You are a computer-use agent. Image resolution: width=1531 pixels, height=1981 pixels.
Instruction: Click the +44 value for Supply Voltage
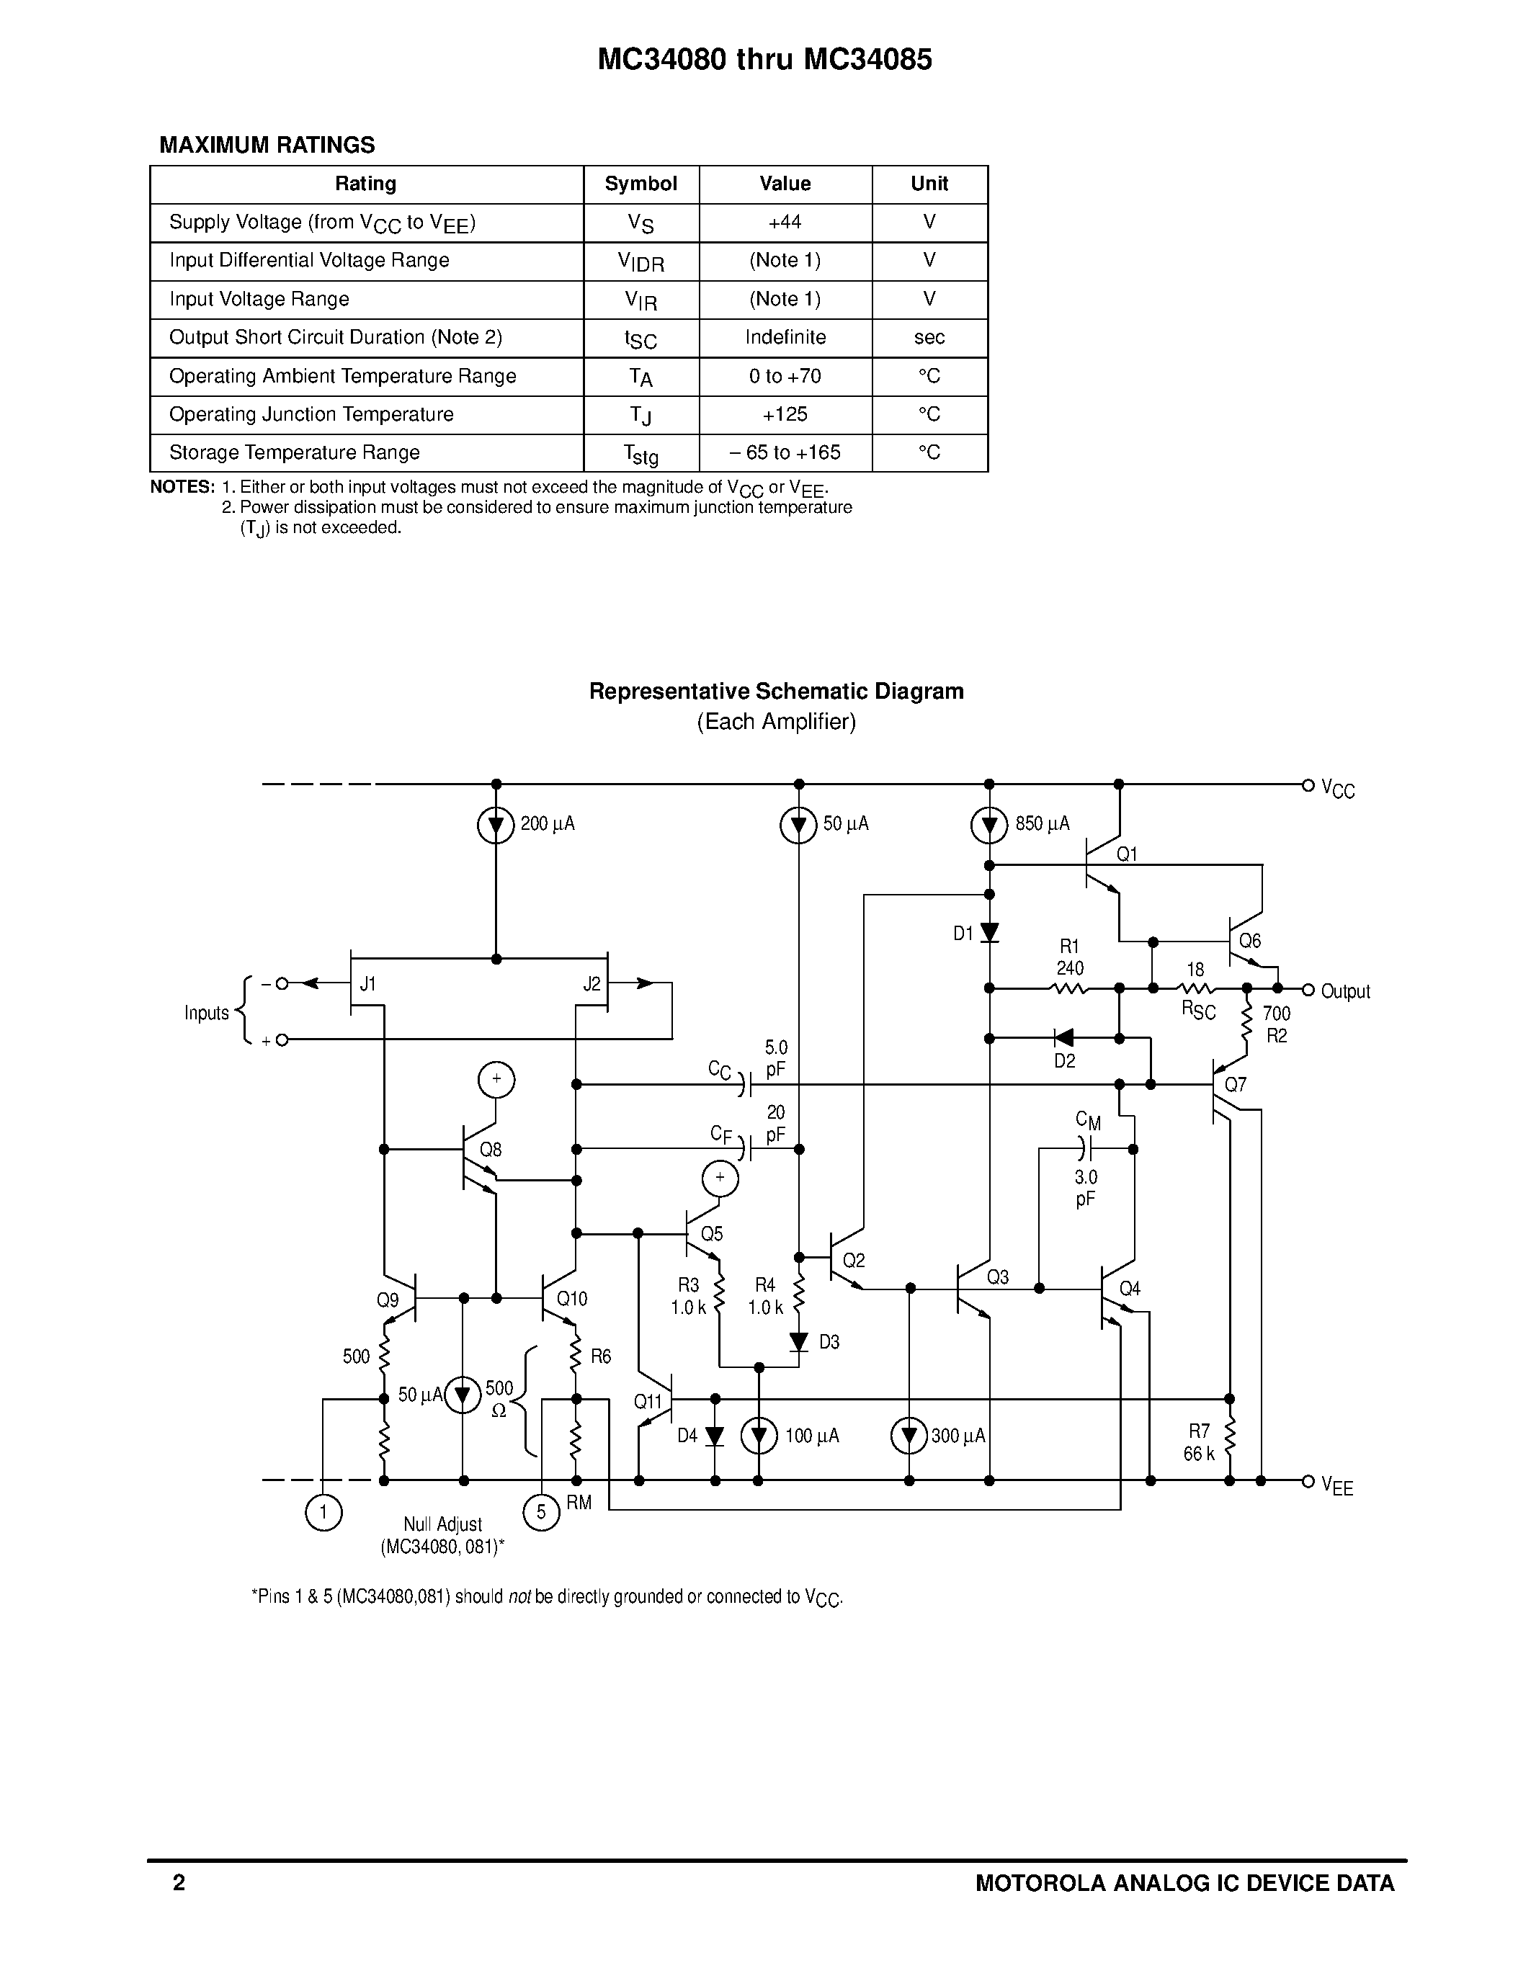tap(785, 222)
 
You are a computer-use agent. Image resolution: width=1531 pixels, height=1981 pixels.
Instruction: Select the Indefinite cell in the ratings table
tap(785, 337)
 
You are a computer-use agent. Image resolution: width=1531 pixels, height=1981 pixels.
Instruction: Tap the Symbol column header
tap(640, 184)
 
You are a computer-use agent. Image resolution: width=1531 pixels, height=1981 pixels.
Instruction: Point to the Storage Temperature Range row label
tap(294, 452)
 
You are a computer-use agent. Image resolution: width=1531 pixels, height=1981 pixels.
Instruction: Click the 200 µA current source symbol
tap(495, 826)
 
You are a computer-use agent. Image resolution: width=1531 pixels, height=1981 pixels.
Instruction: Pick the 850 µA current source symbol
tap(988, 826)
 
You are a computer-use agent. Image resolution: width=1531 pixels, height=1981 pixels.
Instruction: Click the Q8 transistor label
tap(490, 1149)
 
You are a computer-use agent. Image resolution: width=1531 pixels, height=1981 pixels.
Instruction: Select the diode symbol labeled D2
tap(1064, 1037)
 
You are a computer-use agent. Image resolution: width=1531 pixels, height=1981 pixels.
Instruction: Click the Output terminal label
tap(1345, 991)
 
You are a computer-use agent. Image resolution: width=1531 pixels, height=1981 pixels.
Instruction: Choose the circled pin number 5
tap(542, 1512)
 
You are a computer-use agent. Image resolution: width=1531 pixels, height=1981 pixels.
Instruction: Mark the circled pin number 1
tap(323, 1512)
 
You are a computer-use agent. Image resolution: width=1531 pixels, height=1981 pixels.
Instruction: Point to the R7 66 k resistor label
tap(1198, 1442)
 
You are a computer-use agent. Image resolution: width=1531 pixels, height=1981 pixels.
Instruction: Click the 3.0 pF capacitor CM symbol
tap(1086, 1149)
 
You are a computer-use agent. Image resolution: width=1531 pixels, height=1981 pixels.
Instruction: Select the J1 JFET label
tap(367, 984)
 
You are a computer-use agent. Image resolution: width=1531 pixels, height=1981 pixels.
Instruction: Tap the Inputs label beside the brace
tap(206, 1013)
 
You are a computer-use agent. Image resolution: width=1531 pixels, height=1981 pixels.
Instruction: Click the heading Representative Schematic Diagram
tap(775, 691)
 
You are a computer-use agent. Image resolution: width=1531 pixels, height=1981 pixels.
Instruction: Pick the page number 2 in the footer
tap(179, 1883)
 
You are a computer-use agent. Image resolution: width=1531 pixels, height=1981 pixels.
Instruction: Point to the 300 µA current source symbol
tap(909, 1436)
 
